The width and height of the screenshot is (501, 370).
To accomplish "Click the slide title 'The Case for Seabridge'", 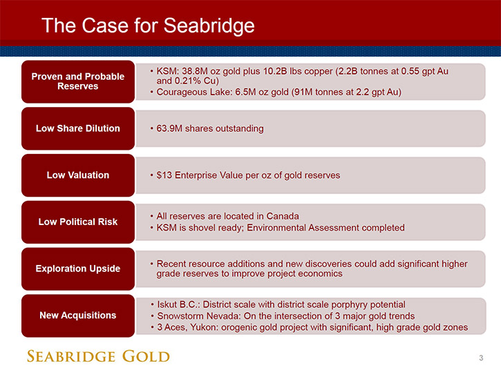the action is click(148, 26).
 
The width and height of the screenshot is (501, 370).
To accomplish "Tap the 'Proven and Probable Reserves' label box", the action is click(78, 81).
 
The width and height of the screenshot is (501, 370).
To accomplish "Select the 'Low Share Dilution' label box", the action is click(78, 128).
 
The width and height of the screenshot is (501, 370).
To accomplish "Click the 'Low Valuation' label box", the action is click(78, 175).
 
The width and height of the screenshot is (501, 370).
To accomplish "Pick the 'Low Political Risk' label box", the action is click(78, 222).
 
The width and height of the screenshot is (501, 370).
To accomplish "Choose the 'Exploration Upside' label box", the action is click(78, 269).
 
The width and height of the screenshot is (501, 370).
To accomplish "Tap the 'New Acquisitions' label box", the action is click(78, 315).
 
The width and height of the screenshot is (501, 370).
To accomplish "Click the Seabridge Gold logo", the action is click(98, 356).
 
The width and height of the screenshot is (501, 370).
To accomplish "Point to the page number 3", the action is click(481, 358).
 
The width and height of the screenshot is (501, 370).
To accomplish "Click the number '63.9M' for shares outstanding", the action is click(169, 128).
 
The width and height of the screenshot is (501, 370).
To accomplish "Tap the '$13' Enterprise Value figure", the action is click(164, 175).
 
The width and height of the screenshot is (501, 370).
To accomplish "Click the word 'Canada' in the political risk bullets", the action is click(283, 216).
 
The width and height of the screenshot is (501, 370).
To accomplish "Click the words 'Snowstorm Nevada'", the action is click(199, 316).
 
